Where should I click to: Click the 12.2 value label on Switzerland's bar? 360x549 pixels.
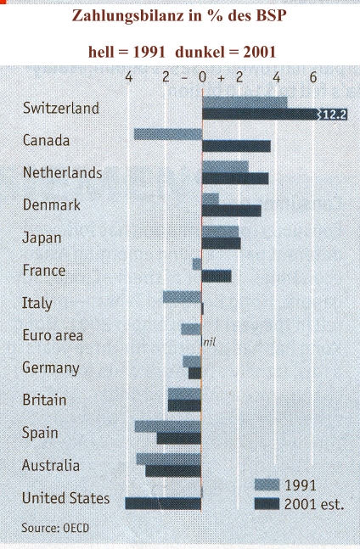click(335, 115)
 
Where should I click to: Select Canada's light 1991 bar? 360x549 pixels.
click(168, 134)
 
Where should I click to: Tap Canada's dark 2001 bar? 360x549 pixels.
click(236, 146)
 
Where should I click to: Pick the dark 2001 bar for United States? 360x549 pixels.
click(163, 503)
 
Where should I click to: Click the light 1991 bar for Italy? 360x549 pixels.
click(182, 297)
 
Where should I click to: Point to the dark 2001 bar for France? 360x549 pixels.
click(217, 276)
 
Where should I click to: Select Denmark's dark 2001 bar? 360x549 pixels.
click(232, 210)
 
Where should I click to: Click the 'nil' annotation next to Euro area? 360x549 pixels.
click(209, 341)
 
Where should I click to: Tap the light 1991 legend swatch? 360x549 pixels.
click(267, 485)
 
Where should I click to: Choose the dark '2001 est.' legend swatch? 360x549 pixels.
click(267, 504)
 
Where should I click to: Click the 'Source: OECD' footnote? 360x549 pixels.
click(55, 528)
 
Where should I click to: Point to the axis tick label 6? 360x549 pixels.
click(313, 77)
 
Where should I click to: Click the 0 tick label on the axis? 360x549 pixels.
click(202, 77)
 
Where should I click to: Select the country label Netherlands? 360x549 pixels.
click(62, 172)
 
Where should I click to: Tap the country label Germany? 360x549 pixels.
click(51, 368)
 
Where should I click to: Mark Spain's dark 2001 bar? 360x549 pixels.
click(179, 439)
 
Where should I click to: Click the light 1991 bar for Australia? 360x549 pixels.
click(169, 459)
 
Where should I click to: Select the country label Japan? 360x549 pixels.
click(42, 238)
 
